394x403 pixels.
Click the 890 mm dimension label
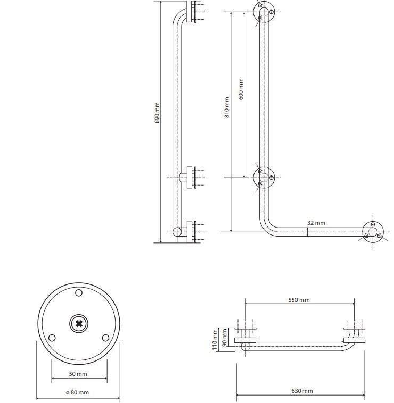click(157, 113)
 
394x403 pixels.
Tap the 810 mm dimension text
click(226, 107)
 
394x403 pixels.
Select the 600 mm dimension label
click(241, 89)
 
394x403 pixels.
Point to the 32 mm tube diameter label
click(316, 223)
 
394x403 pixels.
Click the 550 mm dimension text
click(299, 300)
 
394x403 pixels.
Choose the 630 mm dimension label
click(302, 391)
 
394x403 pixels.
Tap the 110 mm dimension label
click(215, 340)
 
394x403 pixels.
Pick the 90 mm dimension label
click(224, 338)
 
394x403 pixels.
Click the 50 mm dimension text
click(78, 374)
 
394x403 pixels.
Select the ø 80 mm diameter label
click(77, 392)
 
